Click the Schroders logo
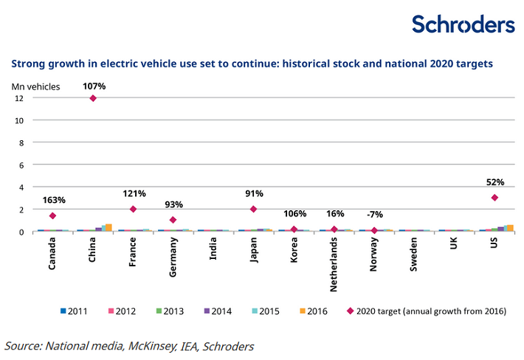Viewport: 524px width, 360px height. click(463, 24)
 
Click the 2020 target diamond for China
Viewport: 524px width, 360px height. click(93, 98)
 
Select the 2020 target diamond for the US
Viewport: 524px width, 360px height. click(494, 198)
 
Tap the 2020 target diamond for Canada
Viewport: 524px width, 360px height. click(52, 215)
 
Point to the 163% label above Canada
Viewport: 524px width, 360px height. click(54, 200)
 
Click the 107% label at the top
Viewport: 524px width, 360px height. click(94, 86)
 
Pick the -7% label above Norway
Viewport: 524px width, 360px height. click(375, 215)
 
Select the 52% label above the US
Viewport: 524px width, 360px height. click(495, 182)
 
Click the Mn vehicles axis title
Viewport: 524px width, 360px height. click(35, 86)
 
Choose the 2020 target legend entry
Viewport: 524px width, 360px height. click(427, 311)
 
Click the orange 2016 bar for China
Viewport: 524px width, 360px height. click(108, 228)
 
